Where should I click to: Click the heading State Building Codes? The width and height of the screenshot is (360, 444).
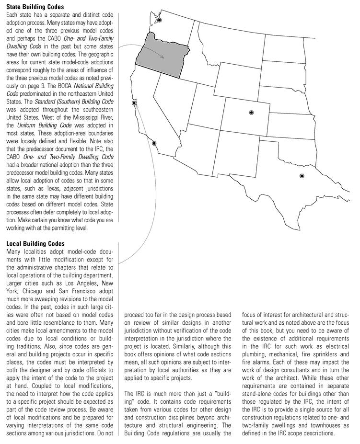35,7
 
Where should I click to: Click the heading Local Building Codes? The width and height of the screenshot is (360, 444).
35,244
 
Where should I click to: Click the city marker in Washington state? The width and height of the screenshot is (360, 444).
160,20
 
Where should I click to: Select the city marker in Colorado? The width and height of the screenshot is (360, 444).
251,112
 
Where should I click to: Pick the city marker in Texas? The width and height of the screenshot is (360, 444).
302,176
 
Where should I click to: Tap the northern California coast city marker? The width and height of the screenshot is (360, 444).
134,103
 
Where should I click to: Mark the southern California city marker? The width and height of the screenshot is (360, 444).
154,143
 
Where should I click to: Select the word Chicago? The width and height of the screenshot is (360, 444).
39,291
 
